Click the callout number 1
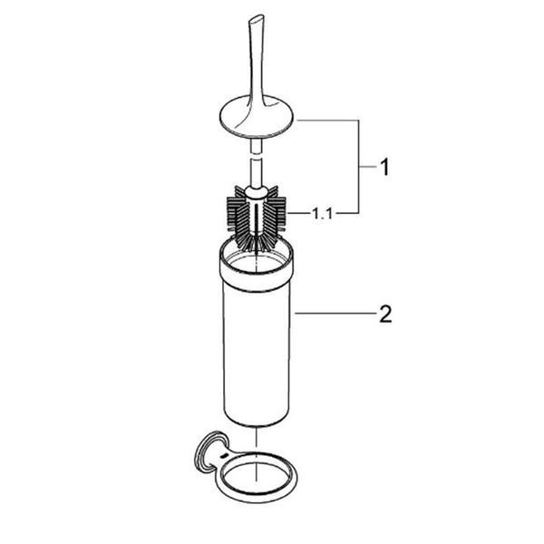pos(384,167)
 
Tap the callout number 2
pos(385,314)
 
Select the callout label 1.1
pos(323,214)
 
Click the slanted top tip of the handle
pos(256,18)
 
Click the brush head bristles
pos(257,218)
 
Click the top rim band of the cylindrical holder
pos(256,269)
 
